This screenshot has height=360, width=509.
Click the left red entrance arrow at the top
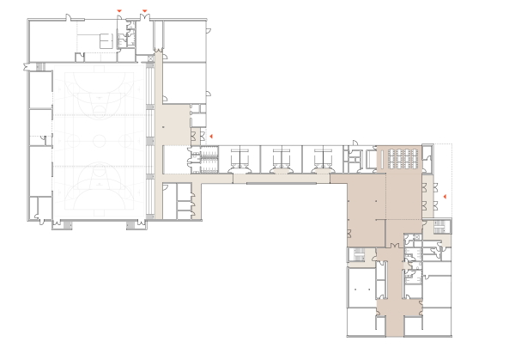(x=120, y=10)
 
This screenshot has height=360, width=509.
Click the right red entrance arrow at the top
(x=144, y=10)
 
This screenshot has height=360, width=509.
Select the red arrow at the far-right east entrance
(x=445, y=198)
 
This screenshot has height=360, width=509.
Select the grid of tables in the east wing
(x=402, y=156)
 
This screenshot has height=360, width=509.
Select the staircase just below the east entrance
(x=439, y=227)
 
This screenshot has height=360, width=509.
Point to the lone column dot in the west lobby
(x=163, y=127)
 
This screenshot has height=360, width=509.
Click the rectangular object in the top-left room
(x=105, y=39)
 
